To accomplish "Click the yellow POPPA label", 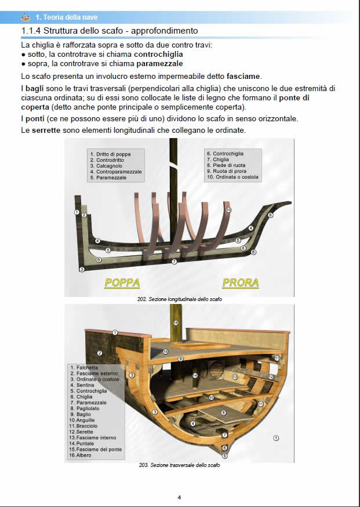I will click(x=122, y=283).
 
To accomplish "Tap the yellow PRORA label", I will click(x=241, y=283).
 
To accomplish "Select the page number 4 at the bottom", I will click(x=179, y=497).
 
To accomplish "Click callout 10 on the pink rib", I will click(x=228, y=209).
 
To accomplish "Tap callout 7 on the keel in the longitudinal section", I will click(x=174, y=262).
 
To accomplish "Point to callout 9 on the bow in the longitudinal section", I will click(x=270, y=215).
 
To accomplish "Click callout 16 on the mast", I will click(x=176, y=323).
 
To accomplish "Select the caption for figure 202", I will click(x=180, y=299).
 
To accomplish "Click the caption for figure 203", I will click(x=180, y=465).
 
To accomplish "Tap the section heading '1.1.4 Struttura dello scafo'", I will click(x=110, y=30).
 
